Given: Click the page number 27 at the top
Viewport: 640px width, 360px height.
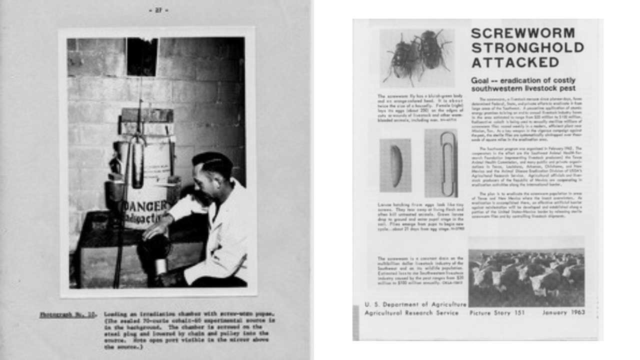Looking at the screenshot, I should [158, 10].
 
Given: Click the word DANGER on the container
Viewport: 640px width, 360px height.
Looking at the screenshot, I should [143, 205].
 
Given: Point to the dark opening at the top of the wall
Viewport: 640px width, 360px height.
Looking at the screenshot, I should [142, 56].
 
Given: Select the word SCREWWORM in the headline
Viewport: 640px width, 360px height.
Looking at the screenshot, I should [523, 33].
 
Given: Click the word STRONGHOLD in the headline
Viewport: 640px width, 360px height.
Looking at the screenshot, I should [527, 47].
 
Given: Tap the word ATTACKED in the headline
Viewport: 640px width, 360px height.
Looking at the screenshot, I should [515, 62].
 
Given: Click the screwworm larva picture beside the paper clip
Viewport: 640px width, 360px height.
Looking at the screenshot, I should [395, 165].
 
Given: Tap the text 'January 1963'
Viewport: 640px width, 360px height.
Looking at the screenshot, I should [563, 312].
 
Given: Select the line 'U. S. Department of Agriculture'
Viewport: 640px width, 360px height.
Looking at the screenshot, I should [415, 303].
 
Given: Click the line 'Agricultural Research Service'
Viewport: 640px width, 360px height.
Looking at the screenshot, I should [411, 312].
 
